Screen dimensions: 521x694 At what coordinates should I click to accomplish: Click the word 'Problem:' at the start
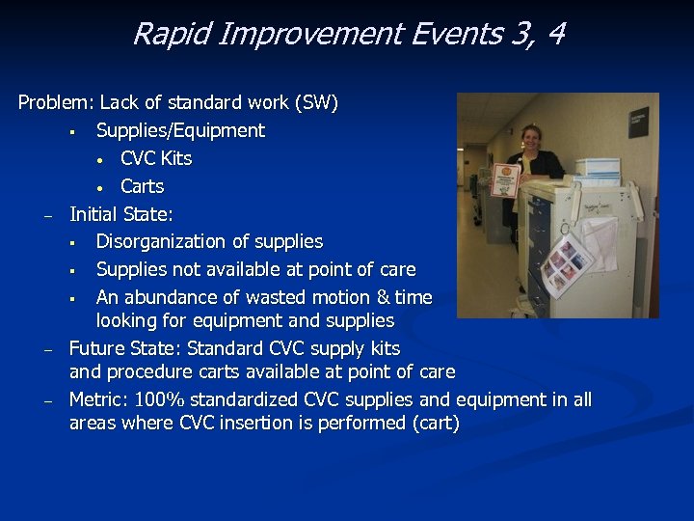coord(56,102)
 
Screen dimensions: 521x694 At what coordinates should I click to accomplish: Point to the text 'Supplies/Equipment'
coord(180,130)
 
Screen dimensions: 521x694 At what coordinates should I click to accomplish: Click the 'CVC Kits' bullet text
coord(156,158)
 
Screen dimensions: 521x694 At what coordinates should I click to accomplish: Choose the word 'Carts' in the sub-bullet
coord(143,186)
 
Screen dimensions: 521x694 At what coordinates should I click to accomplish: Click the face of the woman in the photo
coord(530,138)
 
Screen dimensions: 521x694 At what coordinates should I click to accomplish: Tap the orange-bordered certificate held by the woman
coord(505,181)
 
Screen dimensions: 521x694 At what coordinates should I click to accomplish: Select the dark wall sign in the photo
coord(639,121)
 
